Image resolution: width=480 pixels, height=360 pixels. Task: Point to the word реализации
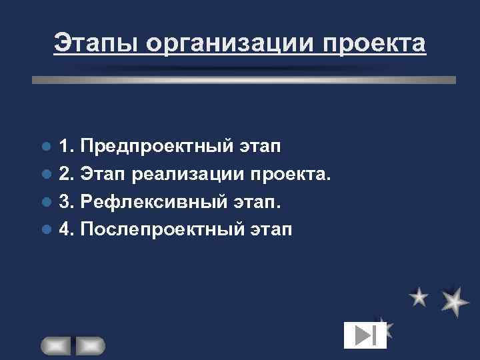pos(189,174)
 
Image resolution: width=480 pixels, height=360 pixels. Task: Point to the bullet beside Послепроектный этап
pos(46,231)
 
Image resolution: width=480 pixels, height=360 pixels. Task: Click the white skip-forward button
pos(365,335)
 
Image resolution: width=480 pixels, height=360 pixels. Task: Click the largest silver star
pos(455,301)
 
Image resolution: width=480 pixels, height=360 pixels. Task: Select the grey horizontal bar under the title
pos(244,79)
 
